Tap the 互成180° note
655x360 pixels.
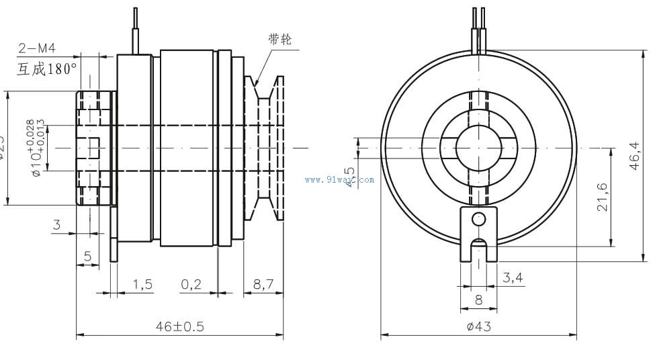[x=47, y=68]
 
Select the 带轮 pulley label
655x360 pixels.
[x=279, y=40]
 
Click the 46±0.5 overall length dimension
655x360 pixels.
[x=179, y=326]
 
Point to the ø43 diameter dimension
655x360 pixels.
[x=478, y=326]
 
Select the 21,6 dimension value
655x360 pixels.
[x=603, y=197]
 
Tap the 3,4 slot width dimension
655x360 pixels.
[x=513, y=276]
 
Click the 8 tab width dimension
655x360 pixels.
[x=478, y=300]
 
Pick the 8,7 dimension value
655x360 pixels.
[x=263, y=284]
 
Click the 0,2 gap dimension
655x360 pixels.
[x=191, y=284]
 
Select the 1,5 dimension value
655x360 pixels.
[x=142, y=284]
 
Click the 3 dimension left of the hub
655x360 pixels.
[x=56, y=225]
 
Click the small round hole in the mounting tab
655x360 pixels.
[x=478, y=218]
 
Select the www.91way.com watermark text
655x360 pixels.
[x=339, y=179]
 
